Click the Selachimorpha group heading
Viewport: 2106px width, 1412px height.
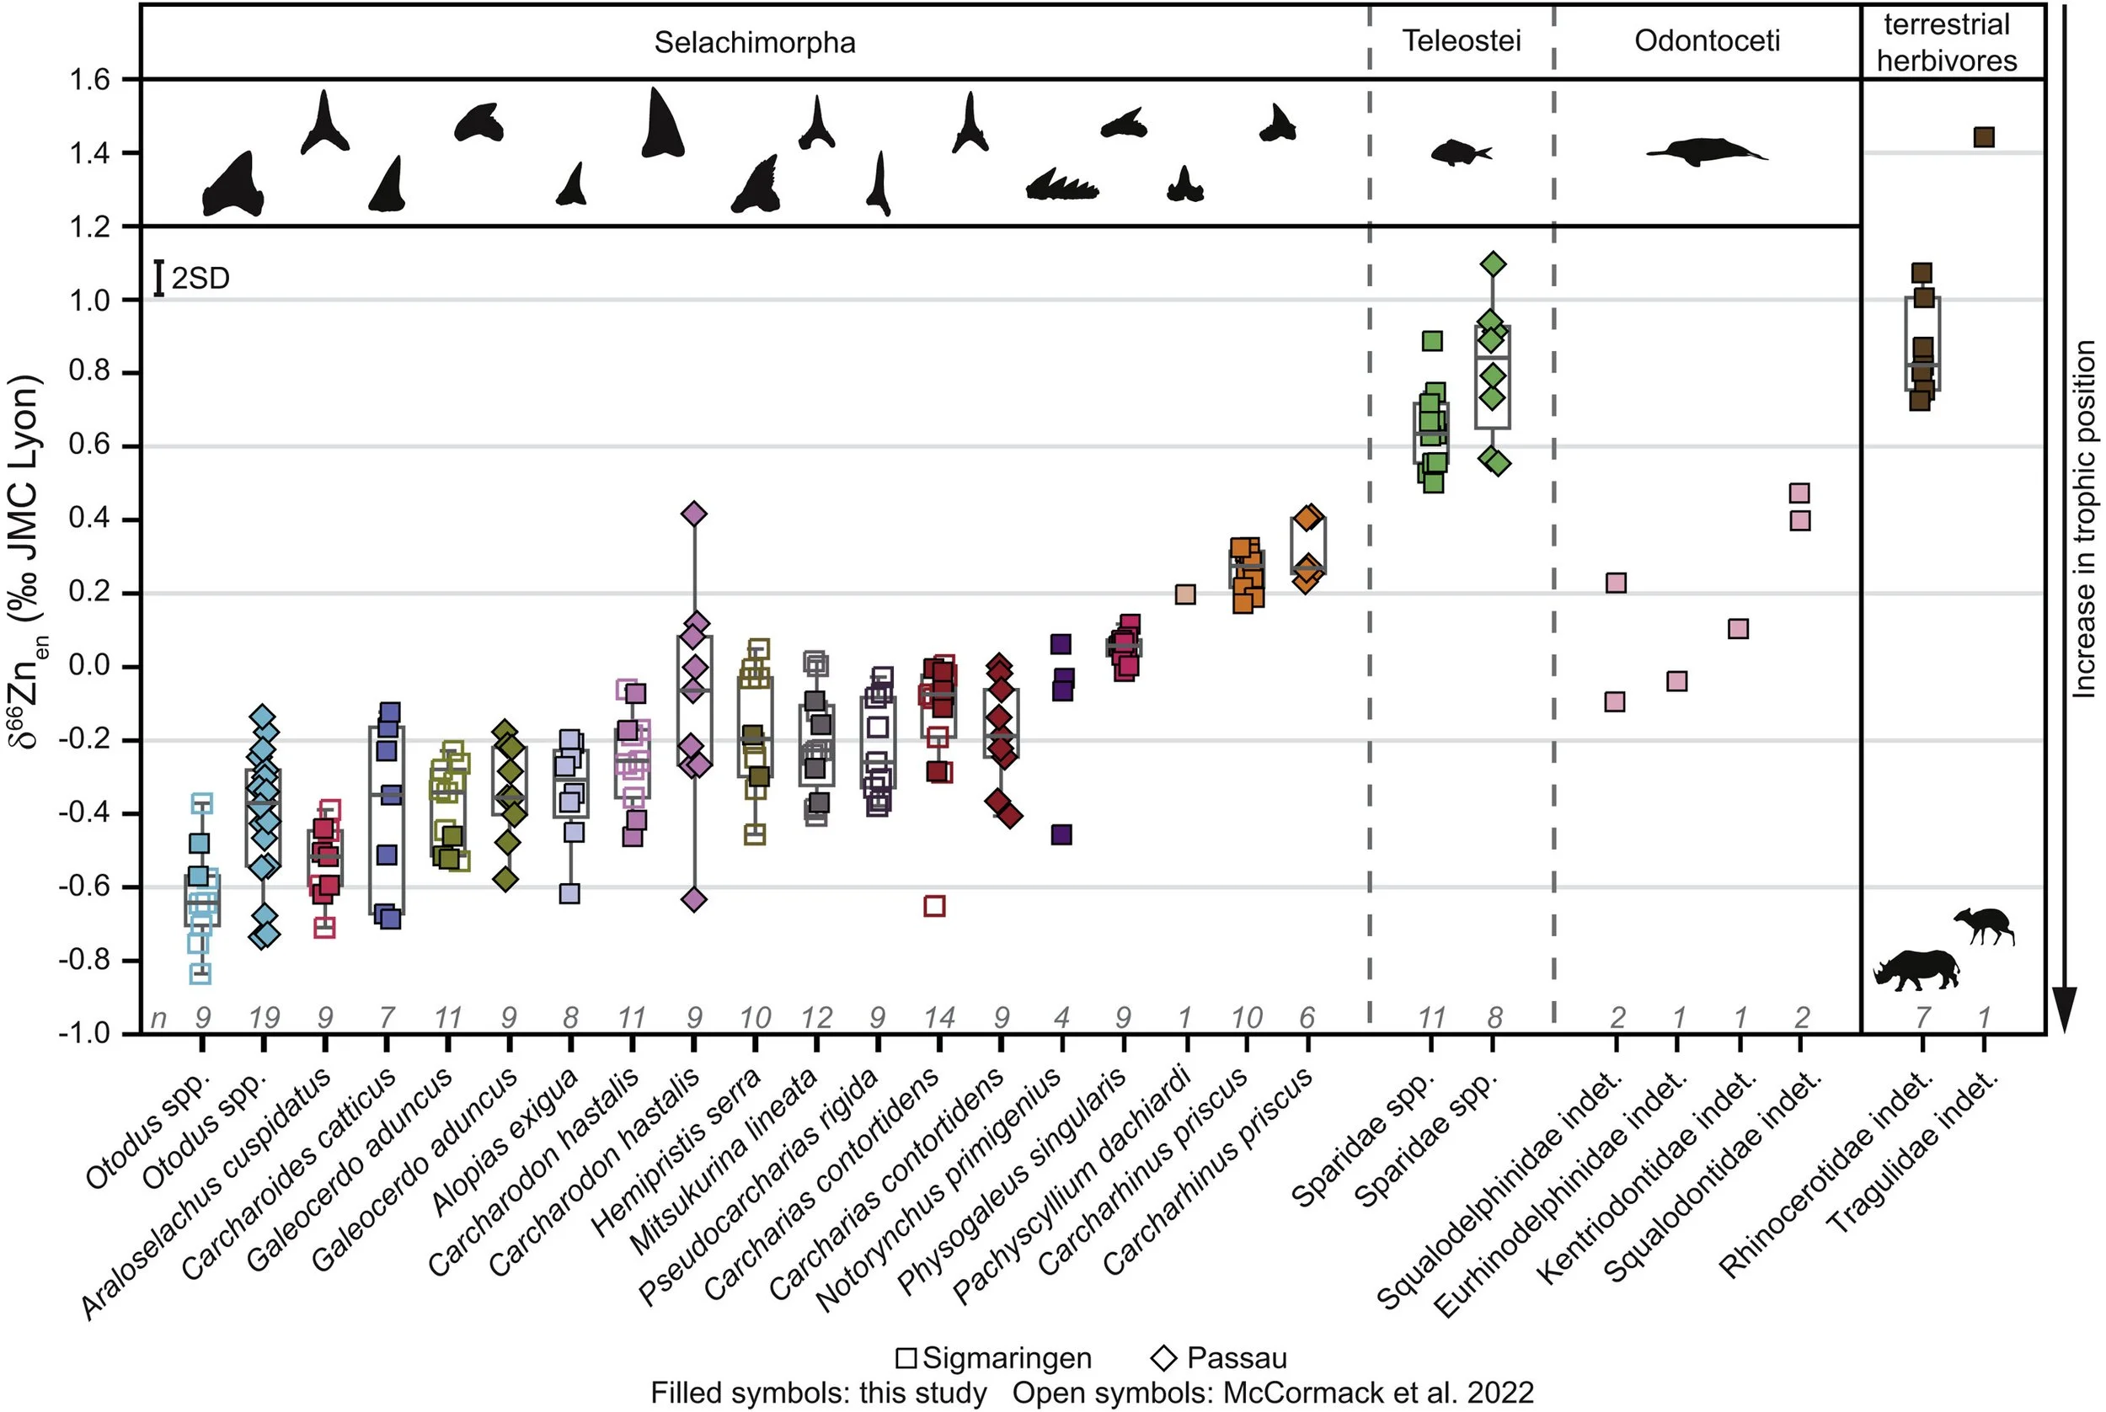[x=754, y=42]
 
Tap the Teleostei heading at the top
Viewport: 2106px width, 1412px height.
[x=1461, y=40]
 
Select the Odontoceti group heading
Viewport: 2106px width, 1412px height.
[x=1707, y=40]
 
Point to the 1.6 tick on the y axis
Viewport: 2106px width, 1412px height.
[x=89, y=80]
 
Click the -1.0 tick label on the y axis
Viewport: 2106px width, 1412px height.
[x=85, y=1033]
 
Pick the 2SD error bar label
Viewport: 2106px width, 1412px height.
[x=200, y=278]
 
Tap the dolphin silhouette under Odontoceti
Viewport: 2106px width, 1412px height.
[x=1704, y=152]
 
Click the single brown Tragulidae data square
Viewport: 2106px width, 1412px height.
[x=1983, y=138]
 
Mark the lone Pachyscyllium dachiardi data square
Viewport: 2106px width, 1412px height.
[x=1184, y=594]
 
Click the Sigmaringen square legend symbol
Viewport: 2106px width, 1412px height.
[x=906, y=1358]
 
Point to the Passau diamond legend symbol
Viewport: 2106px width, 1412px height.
[x=1165, y=1358]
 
